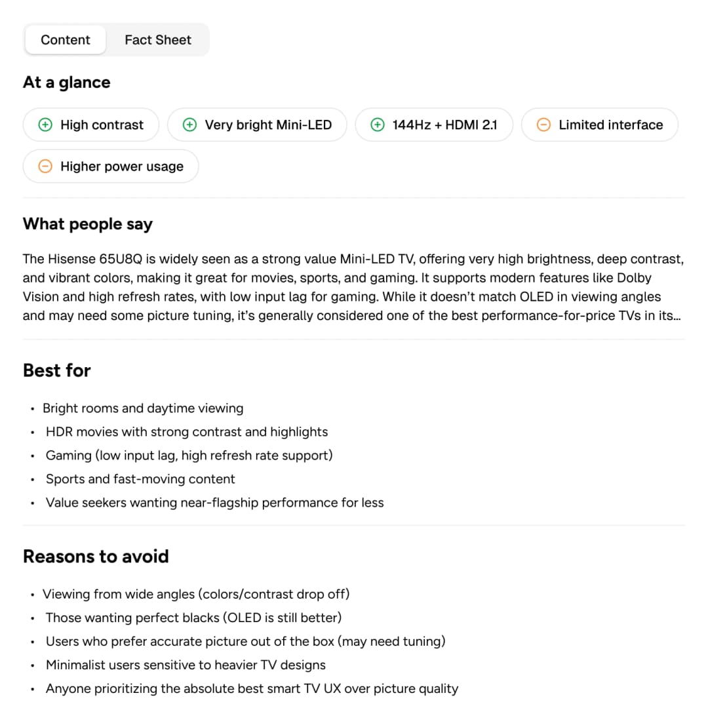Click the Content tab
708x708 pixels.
[66, 40]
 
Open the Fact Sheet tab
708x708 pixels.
[158, 40]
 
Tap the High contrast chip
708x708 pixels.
[91, 125]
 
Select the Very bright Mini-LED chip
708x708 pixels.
[257, 125]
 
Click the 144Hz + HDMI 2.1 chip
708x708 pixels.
[434, 125]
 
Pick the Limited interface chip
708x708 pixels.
[599, 125]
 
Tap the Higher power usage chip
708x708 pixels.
[111, 167]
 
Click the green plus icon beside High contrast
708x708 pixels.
[45, 125]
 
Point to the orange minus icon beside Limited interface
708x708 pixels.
[543, 125]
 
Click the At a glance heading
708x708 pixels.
[67, 83]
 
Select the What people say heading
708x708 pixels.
[88, 224]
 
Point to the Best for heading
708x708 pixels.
[57, 370]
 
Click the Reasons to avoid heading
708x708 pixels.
[96, 557]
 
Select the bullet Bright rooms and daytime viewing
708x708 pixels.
[143, 408]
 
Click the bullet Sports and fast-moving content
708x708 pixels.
[140, 479]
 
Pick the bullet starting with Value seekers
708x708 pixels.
[214, 503]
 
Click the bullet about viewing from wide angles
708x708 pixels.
[196, 594]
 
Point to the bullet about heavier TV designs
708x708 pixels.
[186, 665]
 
